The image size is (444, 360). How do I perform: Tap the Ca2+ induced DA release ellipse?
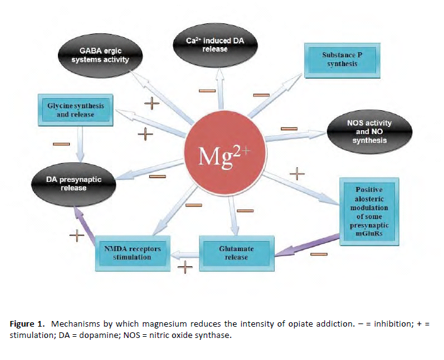[215, 45]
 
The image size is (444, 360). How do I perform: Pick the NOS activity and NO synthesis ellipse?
[370, 131]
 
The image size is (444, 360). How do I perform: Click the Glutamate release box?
[237, 252]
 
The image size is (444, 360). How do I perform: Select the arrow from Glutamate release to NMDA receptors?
[185, 254]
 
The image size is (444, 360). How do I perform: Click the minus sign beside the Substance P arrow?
[261, 95]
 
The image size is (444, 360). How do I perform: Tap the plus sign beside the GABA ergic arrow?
[151, 103]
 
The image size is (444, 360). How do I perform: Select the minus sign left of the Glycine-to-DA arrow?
[60, 144]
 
